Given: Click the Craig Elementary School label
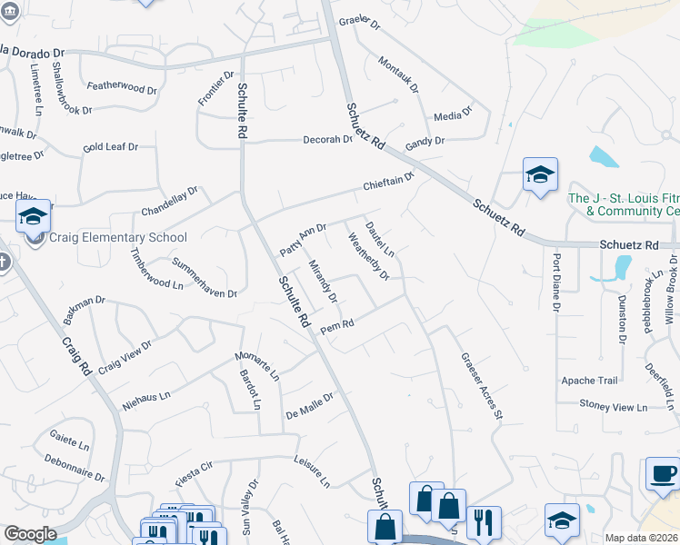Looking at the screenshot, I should click(x=118, y=238).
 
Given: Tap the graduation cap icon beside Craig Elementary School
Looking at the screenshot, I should click(x=33, y=216).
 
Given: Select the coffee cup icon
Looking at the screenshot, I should click(x=662, y=473).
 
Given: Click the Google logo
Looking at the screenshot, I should click(x=31, y=534).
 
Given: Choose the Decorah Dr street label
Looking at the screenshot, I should click(x=327, y=140).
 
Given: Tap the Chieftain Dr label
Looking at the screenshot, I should click(x=388, y=181).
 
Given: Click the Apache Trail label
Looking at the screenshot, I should click(x=589, y=381).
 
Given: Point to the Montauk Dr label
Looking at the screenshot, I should click(x=399, y=74).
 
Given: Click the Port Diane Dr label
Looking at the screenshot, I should click(x=555, y=282).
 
